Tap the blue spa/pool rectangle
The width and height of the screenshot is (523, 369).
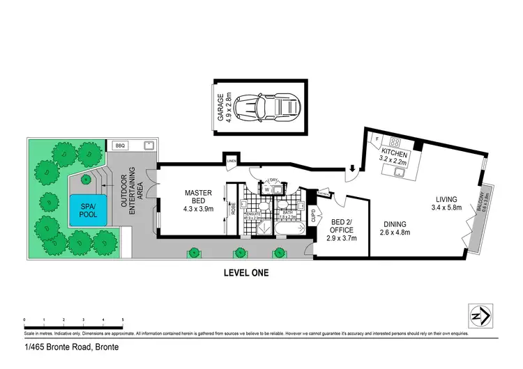point(88,210)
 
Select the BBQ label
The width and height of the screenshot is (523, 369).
point(119,146)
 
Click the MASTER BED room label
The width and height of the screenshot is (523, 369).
point(198,198)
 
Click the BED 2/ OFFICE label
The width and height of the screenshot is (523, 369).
point(341,228)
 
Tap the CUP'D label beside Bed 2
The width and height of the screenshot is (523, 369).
point(314,217)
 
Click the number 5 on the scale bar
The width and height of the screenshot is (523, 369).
point(123,320)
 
